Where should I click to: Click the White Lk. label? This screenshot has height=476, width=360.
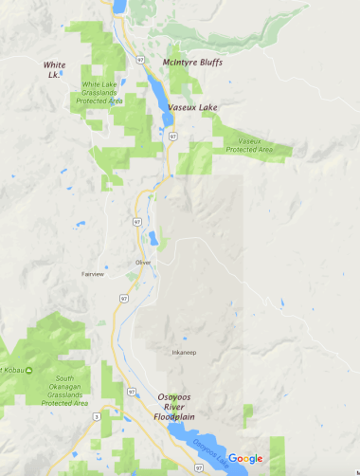[x=55, y=68]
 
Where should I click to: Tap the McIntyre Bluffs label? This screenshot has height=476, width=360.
[x=191, y=62]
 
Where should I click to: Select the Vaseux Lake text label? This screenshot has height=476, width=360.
[x=193, y=108]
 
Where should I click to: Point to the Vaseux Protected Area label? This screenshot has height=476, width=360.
[x=249, y=145]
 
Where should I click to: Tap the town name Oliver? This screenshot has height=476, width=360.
[x=143, y=263]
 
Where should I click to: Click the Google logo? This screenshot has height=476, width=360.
[x=244, y=459]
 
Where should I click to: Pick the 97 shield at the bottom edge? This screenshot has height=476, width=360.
[x=198, y=467]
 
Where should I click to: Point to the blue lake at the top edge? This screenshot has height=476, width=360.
[x=120, y=6]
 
